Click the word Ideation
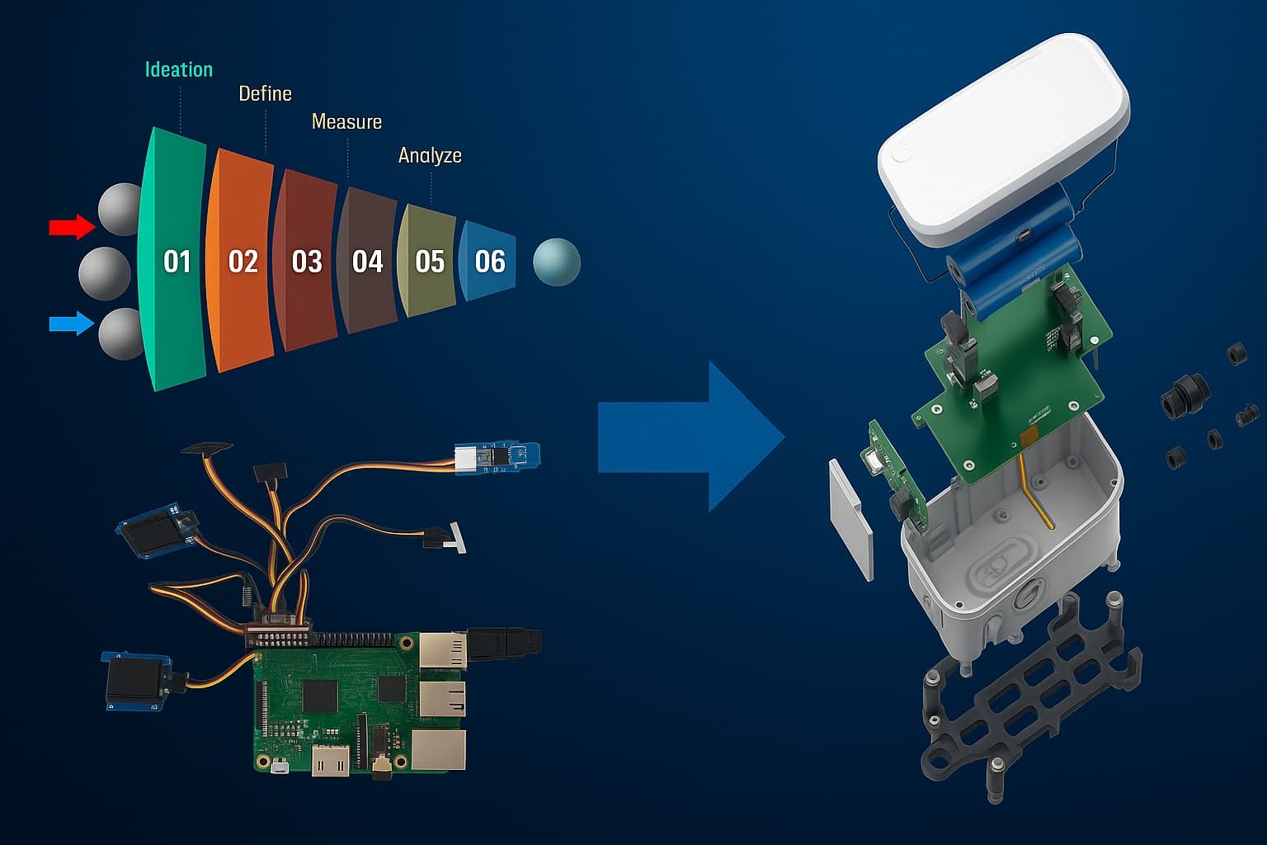pos(179,70)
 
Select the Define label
pos(265,94)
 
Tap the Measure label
pos(346,122)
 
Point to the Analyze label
pos(430,155)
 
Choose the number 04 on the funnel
pos(367,262)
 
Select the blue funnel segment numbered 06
pos(489,262)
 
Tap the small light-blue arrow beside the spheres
pos(72,323)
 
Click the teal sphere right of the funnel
pos(557,262)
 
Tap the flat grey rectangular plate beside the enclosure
pos(850,520)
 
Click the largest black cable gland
pos(1185,395)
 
